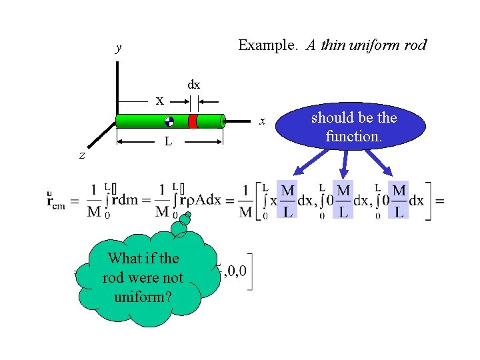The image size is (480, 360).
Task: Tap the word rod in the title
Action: coord(415,45)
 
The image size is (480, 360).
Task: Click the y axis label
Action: coord(119,47)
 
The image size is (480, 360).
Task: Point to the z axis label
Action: coord(81,155)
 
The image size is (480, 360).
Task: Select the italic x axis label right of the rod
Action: coord(263,121)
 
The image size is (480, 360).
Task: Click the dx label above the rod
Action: coord(193,85)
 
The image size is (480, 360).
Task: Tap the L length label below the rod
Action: coord(169,141)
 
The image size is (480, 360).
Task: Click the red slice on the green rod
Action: coord(192,121)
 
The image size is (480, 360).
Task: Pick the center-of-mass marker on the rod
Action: coord(169,121)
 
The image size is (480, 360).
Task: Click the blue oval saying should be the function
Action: coord(353,126)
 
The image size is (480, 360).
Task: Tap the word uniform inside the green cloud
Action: coord(142,296)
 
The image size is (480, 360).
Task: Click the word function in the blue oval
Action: coord(353,136)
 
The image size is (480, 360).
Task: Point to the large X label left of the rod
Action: coord(160,101)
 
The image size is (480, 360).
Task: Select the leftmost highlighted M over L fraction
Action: coord(288,199)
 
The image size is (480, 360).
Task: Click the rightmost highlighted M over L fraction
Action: coord(399,199)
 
